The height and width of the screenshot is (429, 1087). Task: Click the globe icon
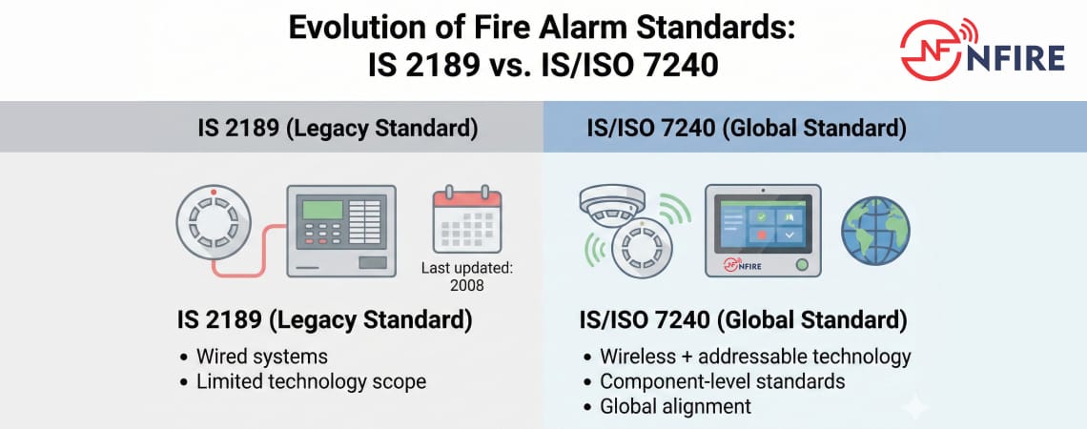pyautogui.click(x=875, y=232)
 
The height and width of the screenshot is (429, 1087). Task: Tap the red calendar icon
pyautogui.click(x=466, y=220)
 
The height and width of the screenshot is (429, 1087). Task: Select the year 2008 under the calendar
pyautogui.click(x=467, y=285)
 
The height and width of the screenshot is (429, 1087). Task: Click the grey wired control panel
pyautogui.click(x=341, y=231)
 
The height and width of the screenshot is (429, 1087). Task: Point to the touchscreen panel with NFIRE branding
pyautogui.click(x=762, y=232)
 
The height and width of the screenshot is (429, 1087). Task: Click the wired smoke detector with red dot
pyautogui.click(x=215, y=228)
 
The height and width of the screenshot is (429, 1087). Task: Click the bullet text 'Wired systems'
pyautogui.click(x=261, y=357)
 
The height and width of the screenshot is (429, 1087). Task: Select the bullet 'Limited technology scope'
pyautogui.click(x=311, y=381)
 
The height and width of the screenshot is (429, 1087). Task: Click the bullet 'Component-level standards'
pyautogui.click(x=723, y=381)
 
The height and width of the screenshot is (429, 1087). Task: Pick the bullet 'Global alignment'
pyautogui.click(x=675, y=406)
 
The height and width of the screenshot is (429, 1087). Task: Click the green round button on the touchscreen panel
pyautogui.click(x=801, y=263)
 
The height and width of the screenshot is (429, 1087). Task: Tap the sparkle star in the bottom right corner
pyautogui.click(x=914, y=407)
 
